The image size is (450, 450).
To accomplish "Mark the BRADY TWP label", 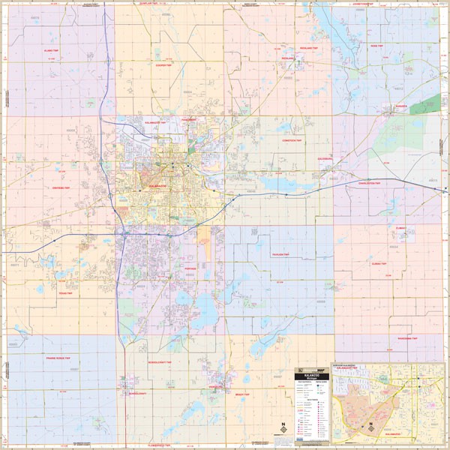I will coord(242,394).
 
